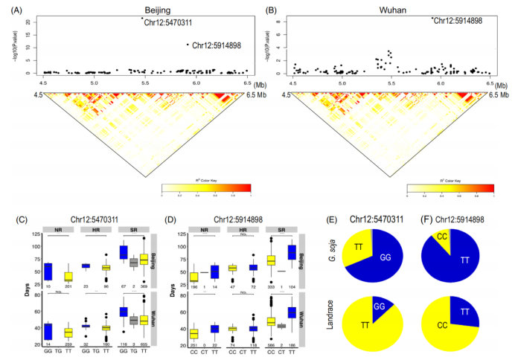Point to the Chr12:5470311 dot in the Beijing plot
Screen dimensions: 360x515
click(x=141, y=18)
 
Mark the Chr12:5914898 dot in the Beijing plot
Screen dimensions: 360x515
click(x=188, y=45)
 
